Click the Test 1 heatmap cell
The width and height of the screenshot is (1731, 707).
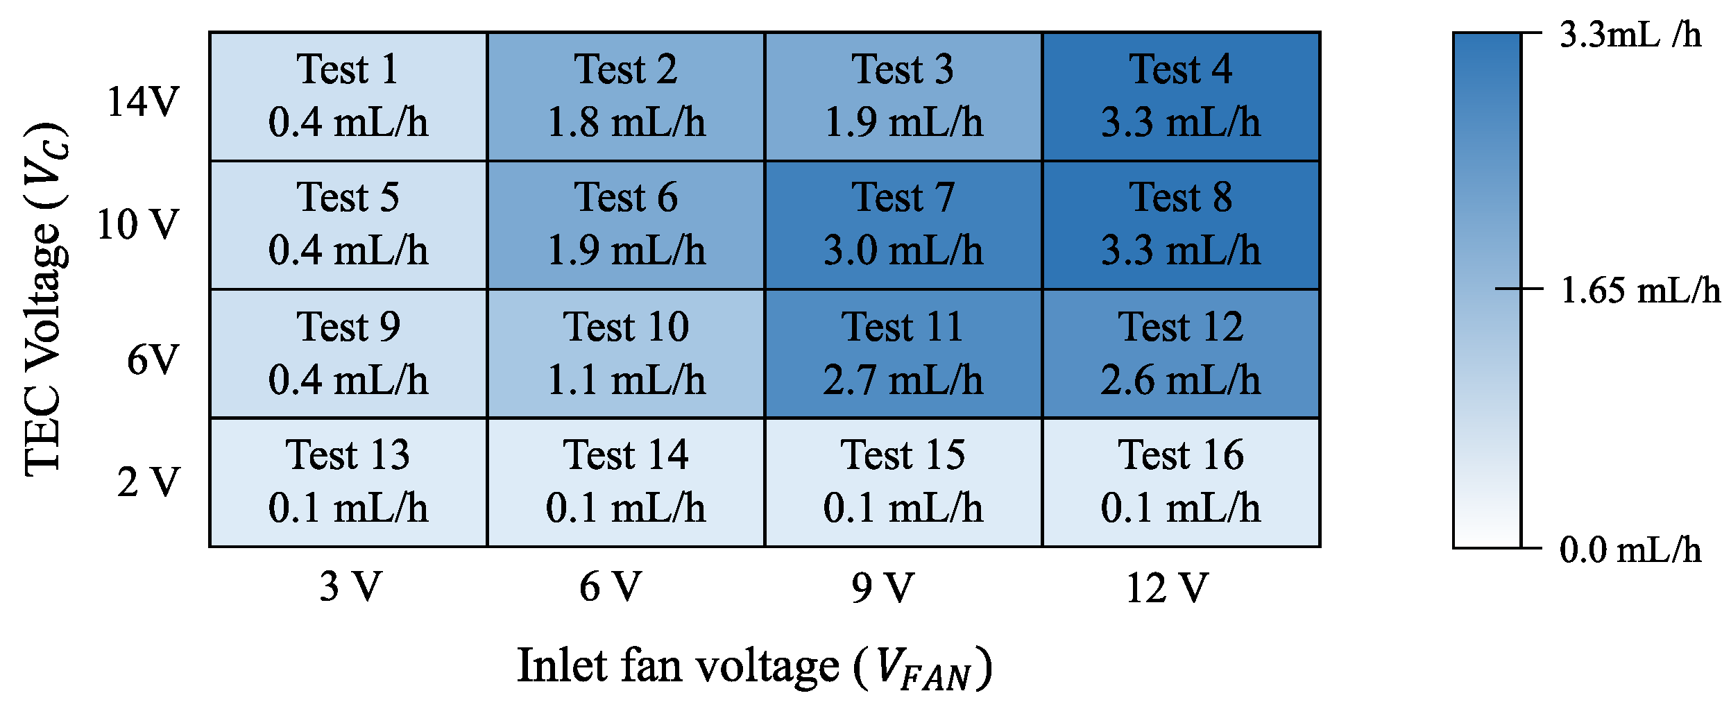click(x=348, y=96)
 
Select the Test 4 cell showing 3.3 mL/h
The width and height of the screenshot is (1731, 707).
click(x=1181, y=96)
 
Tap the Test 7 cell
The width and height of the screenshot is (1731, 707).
click(x=903, y=225)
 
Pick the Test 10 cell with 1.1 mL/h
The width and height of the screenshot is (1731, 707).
click(x=626, y=354)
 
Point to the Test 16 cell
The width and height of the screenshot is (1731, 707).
click(x=1181, y=482)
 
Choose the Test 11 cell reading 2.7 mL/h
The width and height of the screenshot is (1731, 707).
click(x=903, y=354)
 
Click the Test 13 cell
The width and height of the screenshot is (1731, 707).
click(x=348, y=482)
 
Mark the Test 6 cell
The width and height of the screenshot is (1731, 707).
click(x=626, y=225)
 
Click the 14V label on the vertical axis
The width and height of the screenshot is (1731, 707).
click(x=143, y=102)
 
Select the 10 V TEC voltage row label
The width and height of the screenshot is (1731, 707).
click(x=138, y=225)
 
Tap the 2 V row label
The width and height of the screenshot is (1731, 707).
click(x=148, y=482)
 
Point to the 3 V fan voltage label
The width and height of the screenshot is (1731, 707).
click(x=350, y=587)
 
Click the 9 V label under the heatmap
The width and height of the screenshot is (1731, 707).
click(x=882, y=588)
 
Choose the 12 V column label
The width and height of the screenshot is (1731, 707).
click(x=1167, y=588)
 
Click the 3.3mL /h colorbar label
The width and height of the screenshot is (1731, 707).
click(x=1630, y=35)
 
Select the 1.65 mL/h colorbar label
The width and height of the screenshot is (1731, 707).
click(x=1640, y=291)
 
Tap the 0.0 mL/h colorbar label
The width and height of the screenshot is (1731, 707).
click(x=1630, y=551)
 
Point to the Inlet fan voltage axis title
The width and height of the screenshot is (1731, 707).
click(x=755, y=667)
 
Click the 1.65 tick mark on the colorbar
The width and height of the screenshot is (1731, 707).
click(x=1519, y=289)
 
